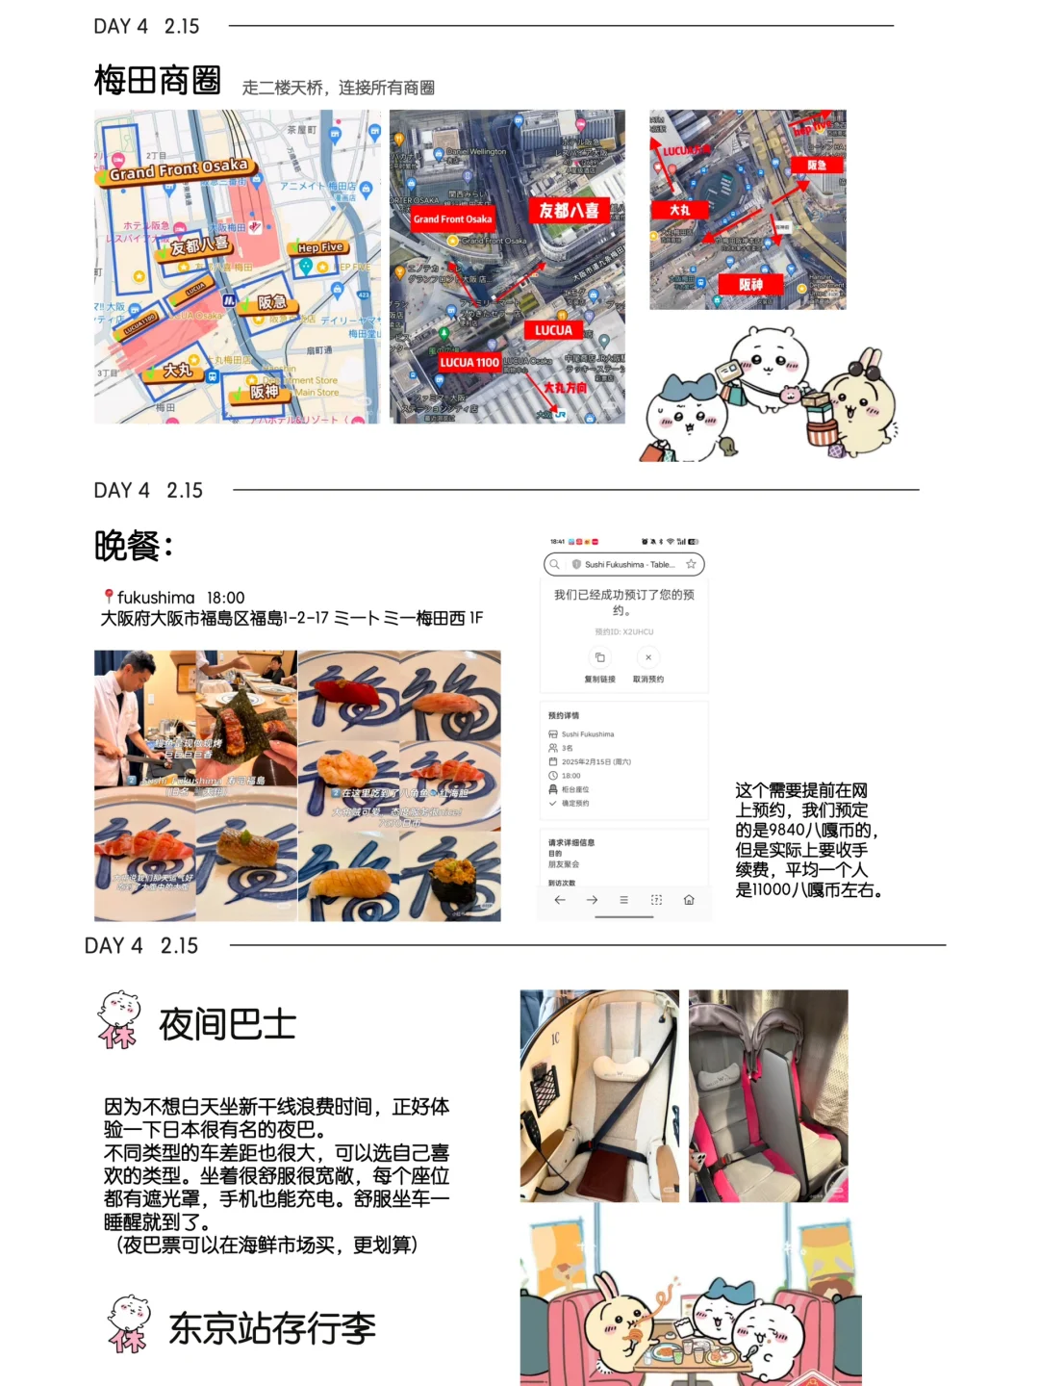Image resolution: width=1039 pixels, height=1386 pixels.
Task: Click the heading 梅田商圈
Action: [158, 81]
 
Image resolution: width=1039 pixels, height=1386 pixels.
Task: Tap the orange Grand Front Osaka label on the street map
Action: [178, 169]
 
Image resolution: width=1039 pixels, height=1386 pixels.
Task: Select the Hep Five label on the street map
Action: [320, 247]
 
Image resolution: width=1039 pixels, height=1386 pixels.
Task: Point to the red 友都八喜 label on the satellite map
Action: [569, 210]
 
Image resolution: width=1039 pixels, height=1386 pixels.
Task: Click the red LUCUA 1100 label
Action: [469, 362]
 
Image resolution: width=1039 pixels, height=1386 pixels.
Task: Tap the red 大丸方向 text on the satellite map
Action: [565, 388]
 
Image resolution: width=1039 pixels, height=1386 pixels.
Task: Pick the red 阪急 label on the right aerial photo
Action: [817, 165]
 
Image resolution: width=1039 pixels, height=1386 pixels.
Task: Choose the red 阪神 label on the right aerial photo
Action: [750, 284]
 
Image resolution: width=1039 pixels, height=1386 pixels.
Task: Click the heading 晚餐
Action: [133, 546]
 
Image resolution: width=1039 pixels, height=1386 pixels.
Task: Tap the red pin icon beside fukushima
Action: [109, 597]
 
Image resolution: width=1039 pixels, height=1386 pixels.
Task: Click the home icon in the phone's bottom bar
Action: [689, 900]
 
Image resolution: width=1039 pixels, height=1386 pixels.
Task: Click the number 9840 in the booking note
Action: [787, 830]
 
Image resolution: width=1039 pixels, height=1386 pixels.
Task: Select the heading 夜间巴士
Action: [227, 1024]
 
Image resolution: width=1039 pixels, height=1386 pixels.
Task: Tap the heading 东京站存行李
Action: [271, 1328]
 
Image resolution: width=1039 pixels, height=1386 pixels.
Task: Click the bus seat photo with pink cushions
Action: [768, 1095]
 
